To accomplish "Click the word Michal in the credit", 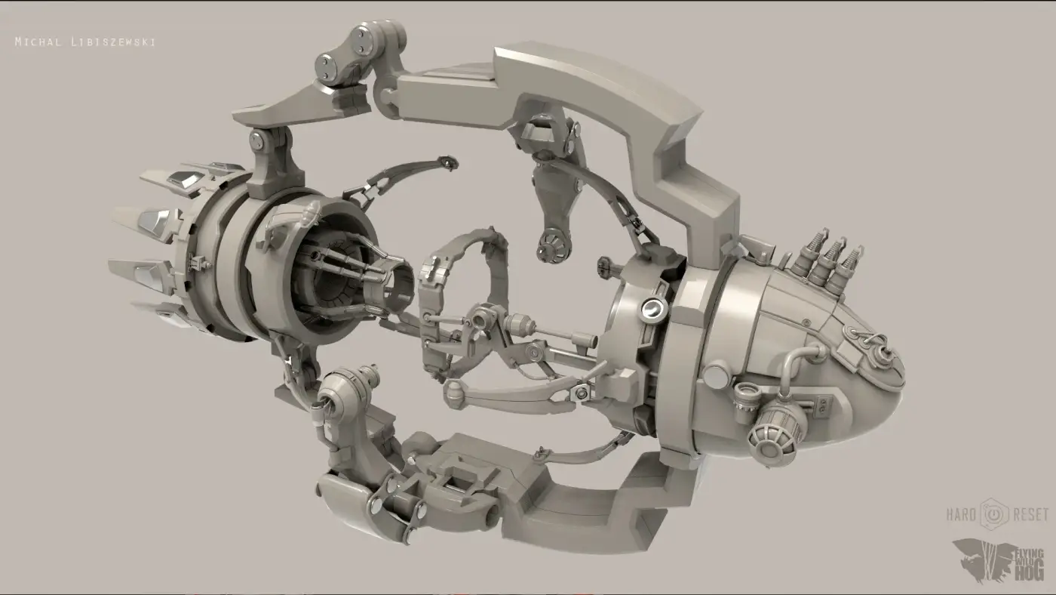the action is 38,42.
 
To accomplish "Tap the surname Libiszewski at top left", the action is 114,42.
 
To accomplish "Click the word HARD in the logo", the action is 961,514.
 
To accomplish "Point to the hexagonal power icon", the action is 994,514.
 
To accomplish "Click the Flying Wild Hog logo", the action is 999,562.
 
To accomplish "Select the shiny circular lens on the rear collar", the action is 654,309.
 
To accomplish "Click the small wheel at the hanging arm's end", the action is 554,245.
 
